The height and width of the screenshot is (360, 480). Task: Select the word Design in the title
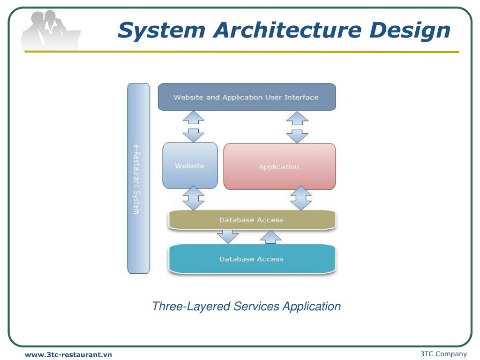point(409,31)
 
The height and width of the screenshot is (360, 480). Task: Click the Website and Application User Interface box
point(247,97)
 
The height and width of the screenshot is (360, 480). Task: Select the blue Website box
point(190,166)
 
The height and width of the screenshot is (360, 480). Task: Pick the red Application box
point(279,166)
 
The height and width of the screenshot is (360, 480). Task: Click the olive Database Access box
point(252,220)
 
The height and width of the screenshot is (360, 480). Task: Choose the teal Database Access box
point(252,259)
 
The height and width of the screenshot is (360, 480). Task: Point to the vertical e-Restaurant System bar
point(139,178)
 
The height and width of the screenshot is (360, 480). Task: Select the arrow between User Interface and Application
point(297,127)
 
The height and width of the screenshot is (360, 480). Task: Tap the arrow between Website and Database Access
point(193,198)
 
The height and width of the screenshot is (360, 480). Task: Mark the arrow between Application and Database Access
point(301,198)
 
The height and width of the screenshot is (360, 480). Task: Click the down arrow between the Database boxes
point(228,236)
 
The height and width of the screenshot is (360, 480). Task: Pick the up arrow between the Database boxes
point(270,237)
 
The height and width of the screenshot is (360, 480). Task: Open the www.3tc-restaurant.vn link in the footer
point(68,355)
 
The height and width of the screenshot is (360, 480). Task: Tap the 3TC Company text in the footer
point(443,354)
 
